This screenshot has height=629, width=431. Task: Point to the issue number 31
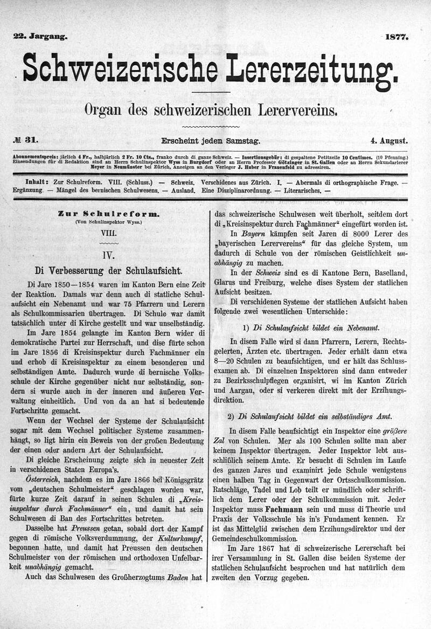pyautogui.click(x=31, y=141)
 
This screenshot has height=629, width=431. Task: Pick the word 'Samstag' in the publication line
pyautogui.click(x=241, y=141)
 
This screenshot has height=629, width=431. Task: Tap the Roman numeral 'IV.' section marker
pyautogui.click(x=108, y=253)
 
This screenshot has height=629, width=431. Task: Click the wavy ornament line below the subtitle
pyautogui.click(x=211, y=126)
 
